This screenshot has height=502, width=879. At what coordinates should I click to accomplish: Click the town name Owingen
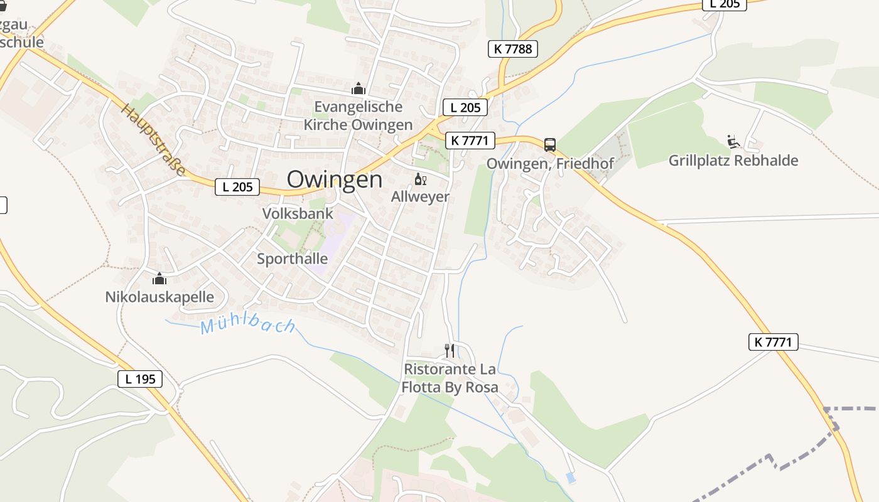[x=334, y=179]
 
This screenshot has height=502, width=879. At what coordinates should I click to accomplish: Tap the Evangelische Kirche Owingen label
[x=358, y=115]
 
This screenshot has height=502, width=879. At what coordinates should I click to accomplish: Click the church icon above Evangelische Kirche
[x=359, y=88]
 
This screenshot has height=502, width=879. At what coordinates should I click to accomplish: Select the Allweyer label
[x=420, y=196]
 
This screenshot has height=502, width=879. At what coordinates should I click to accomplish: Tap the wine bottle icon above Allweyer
[x=420, y=180]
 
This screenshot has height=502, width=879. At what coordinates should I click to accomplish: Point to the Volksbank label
[x=298, y=213]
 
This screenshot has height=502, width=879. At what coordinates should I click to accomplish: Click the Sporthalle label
[x=292, y=259]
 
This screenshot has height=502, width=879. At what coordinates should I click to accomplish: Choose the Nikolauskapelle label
[x=159, y=297]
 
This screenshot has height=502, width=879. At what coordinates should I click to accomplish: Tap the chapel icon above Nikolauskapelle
[x=159, y=279]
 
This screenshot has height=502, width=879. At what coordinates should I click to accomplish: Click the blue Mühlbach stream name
[x=248, y=325]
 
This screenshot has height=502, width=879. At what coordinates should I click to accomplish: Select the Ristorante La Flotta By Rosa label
[x=450, y=378]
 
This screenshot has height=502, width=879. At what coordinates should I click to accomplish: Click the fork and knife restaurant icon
[x=450, y=350]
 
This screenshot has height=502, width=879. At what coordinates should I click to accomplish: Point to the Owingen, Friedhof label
[x=550, y=164]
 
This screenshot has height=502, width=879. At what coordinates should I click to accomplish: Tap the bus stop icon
[x=550, y=145]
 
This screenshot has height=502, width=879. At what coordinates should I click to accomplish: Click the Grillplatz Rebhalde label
[x=733, y=160]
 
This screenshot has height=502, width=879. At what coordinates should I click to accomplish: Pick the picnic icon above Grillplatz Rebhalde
[x=733, y=142]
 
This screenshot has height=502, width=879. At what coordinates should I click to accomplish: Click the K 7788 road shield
[x=512, y=49]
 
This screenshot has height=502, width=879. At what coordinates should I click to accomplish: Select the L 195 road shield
[x=140, y=378]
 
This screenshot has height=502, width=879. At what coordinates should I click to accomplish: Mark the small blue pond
[x=570, y=478]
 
